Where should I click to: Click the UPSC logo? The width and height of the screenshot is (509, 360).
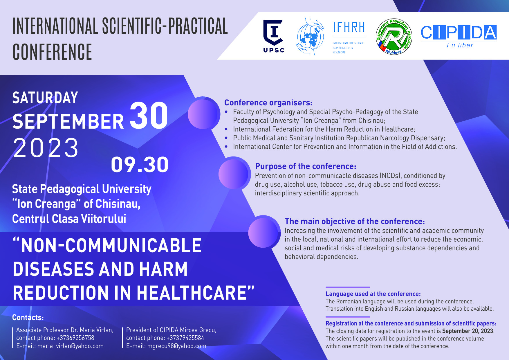[x=274, y=36]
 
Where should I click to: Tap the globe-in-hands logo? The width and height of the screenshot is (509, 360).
[x=310, y=37]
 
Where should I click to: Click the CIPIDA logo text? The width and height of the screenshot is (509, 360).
[x=459, y=33]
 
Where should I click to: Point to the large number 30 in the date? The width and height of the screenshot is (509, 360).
[x=149, y=116]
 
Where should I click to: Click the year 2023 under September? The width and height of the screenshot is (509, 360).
[x=46, y=148]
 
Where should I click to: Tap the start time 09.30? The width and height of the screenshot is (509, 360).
[x=140, y=165]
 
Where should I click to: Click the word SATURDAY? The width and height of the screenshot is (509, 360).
[x=45, y=98]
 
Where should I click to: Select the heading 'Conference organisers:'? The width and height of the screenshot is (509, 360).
[x=268, y=103]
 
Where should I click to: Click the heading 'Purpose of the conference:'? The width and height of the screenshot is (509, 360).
[x=306, y=166]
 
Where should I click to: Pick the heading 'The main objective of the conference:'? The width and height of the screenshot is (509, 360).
[x=355, y=222]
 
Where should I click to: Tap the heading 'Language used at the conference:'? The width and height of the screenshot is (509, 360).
[x=373, y=294]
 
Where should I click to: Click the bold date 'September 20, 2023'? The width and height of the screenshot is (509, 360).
[x=468, y=331]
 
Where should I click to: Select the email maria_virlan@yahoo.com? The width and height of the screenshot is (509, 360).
[x=71, y=346]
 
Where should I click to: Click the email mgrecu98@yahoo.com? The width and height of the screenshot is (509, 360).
[x=177, y=346]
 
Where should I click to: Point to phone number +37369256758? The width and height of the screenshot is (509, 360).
[x=75, y=338]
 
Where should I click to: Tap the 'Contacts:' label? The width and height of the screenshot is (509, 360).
[x=28, y=318]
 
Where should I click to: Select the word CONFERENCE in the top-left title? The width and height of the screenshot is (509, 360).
[x=52, y=52]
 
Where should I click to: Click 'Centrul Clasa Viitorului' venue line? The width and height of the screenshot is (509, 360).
[x=69, y=219]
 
